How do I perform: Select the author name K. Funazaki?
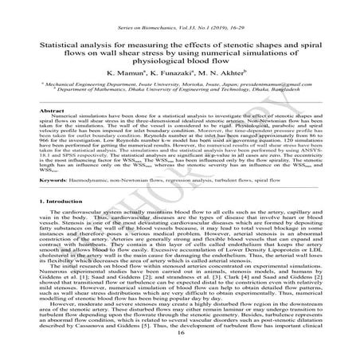178,83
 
